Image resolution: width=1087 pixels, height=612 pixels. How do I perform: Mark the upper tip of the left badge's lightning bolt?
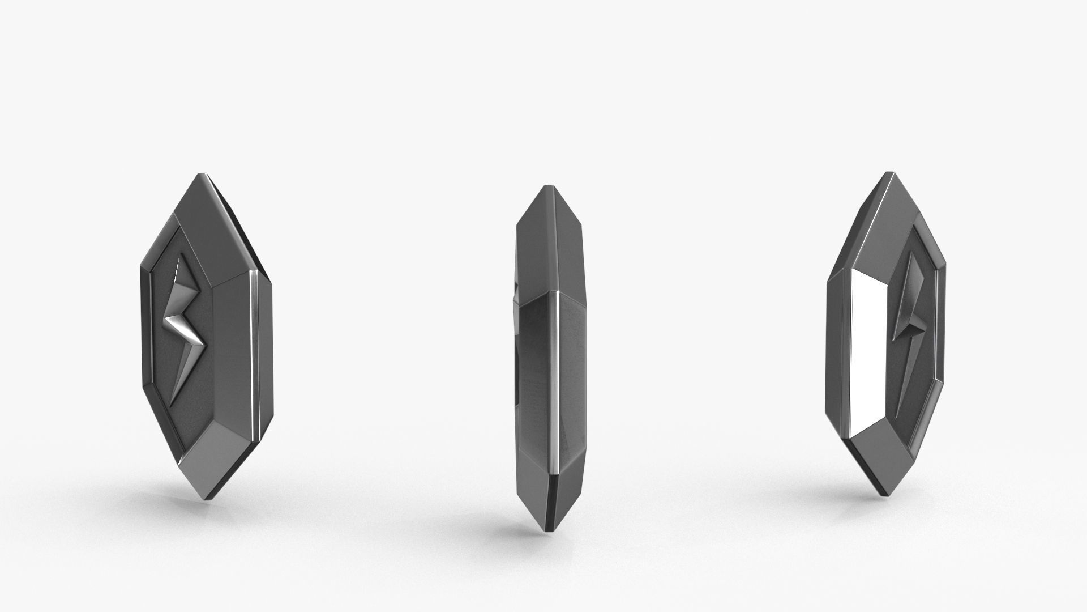pyautogui.click(x=183, y=257)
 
